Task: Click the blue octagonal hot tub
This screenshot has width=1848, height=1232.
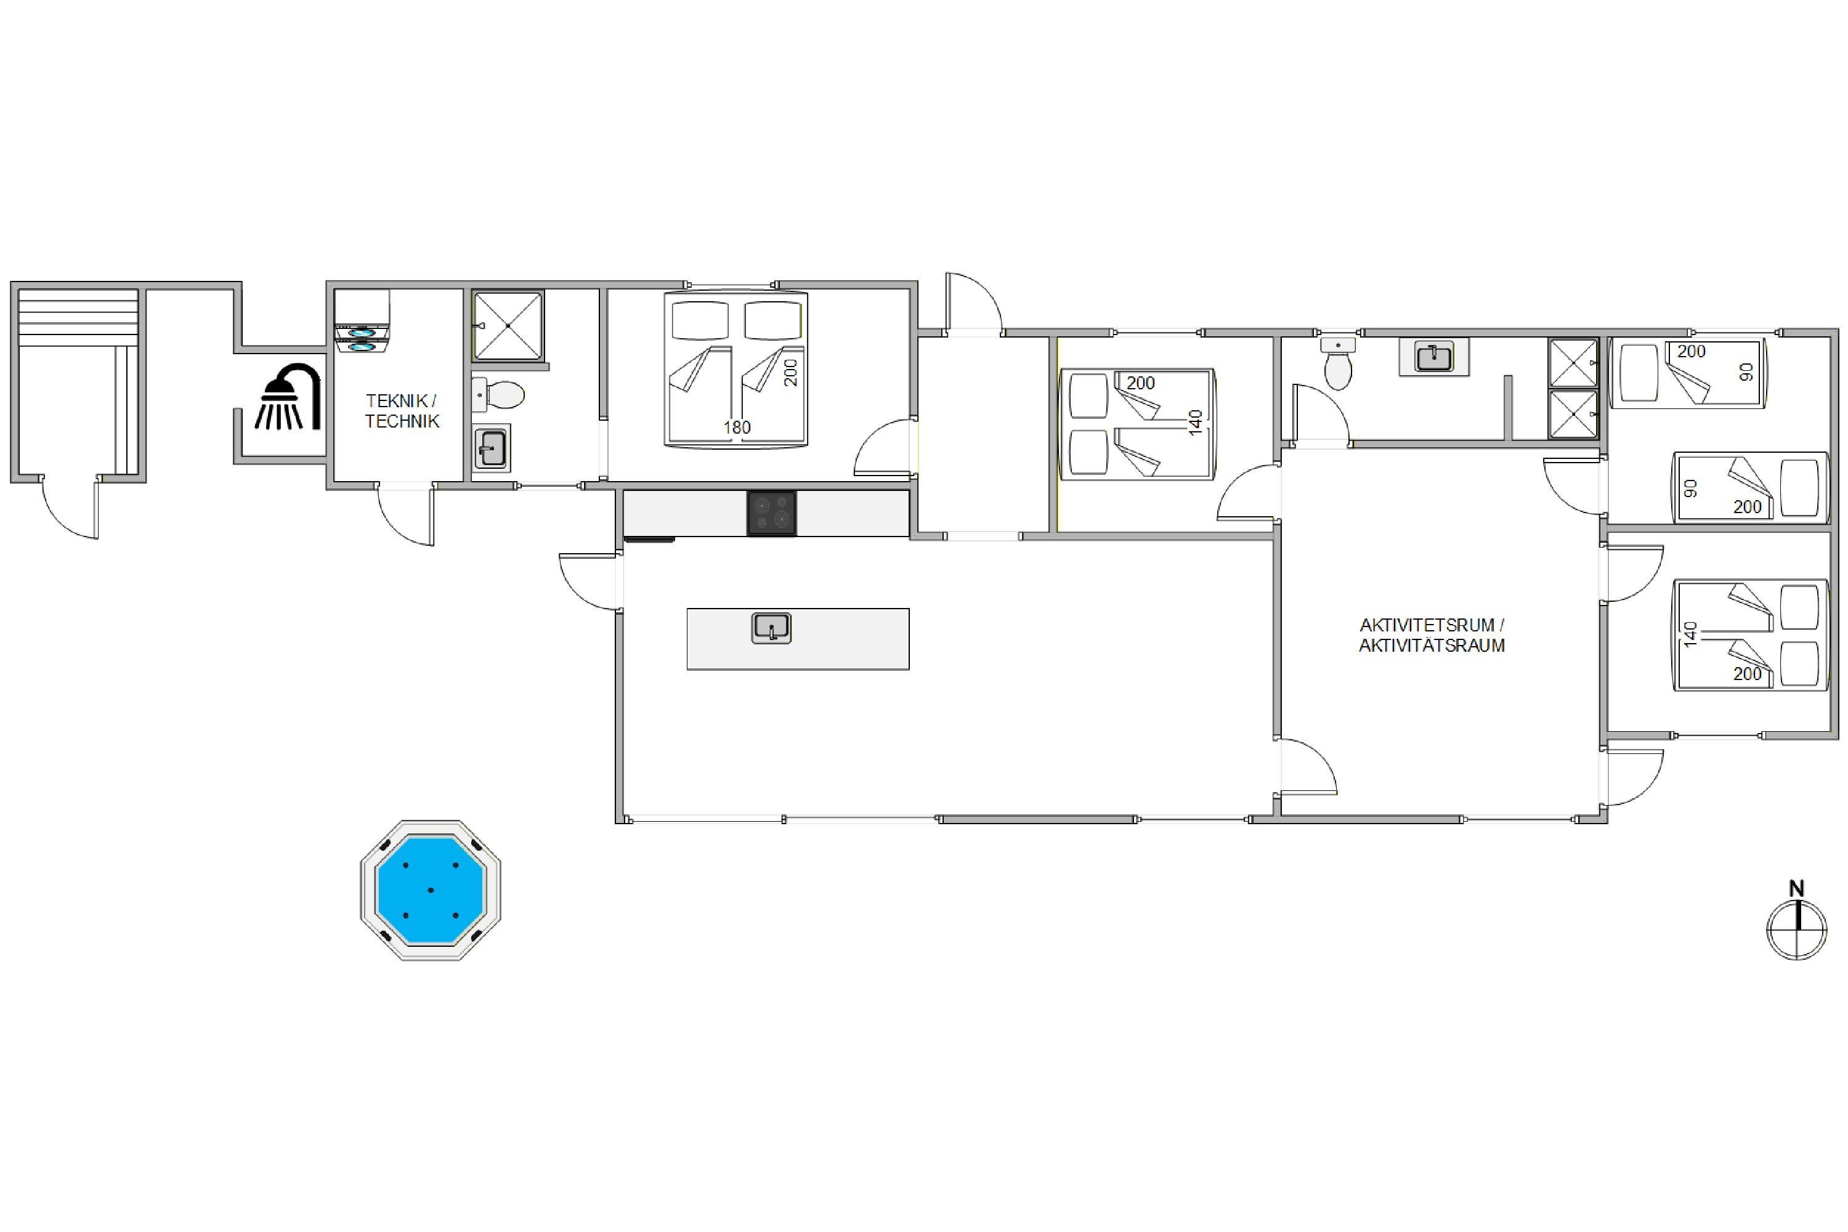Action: click(x=431, y=890)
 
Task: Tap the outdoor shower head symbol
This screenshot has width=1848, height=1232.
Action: click(x=288, y=397)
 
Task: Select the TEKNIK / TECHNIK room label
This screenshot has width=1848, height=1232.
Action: click(x=402, y=411)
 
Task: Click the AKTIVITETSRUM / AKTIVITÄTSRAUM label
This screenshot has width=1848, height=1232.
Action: click(x=1432, y=635)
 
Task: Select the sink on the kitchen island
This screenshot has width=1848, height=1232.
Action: click(x=772, y=628)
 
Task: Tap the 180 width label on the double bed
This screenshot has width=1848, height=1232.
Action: click(x=737, y=428)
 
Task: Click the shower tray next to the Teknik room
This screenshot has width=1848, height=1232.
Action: click(x=508, y=326)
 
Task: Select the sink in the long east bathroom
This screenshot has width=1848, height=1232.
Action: click(x=1434, y=357)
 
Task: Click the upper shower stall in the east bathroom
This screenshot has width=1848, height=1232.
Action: click(x=1573, y=363)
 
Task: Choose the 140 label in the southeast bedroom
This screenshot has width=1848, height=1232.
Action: click(x=1691, y=633)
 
